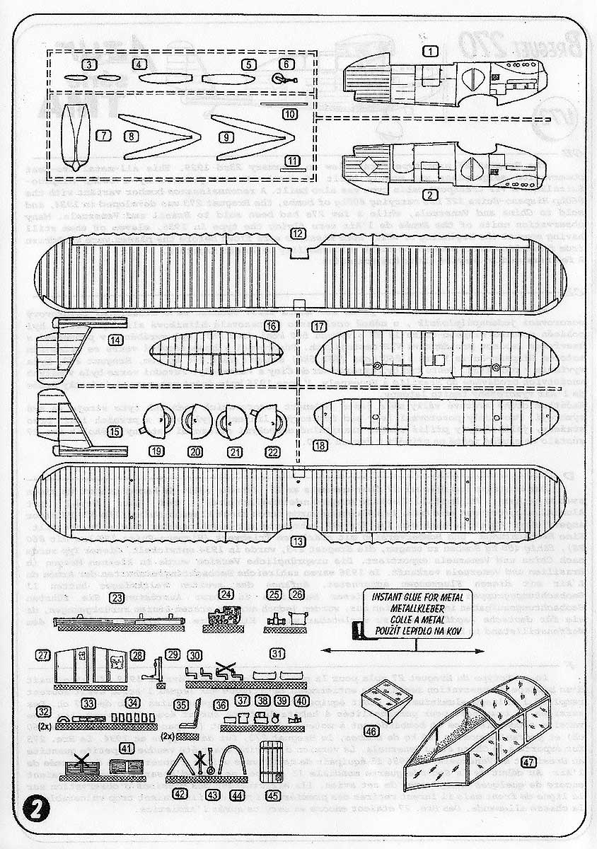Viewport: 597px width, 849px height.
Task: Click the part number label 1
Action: [x=431, y=51]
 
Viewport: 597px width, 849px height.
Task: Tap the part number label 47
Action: [x=528, y=762]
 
